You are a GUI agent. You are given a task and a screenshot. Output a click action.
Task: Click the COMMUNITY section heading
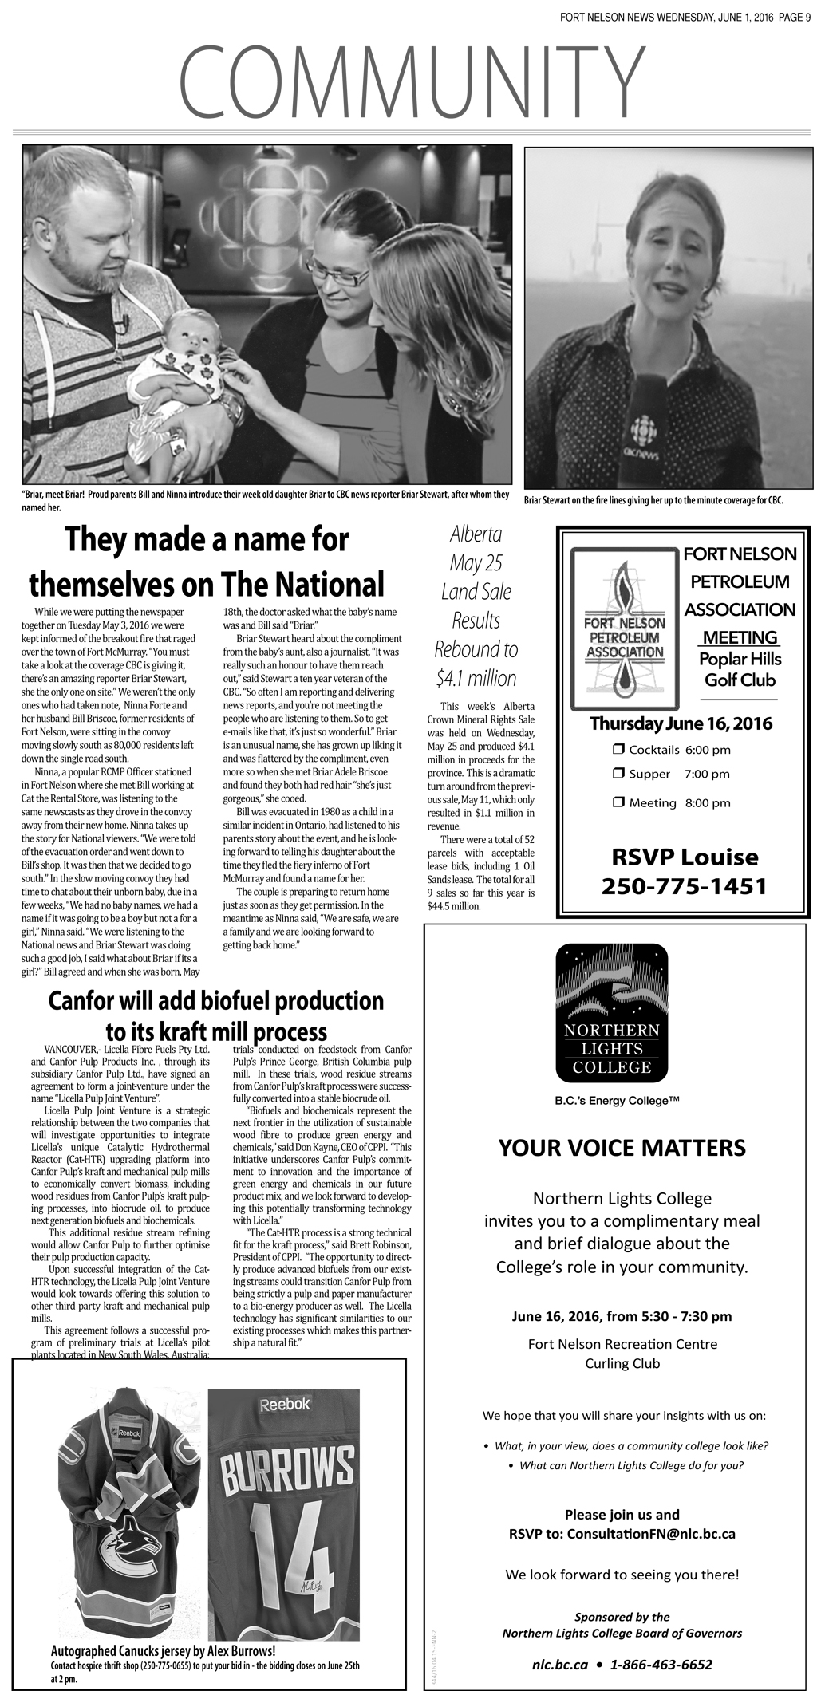[x=411, y=82]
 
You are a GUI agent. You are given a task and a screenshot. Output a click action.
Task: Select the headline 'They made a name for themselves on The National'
[x=207, y=562]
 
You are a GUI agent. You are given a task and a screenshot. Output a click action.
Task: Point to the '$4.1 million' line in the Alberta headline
[x=476, y=678]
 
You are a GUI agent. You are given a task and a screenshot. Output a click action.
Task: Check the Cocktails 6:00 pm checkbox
[x=618, y=749]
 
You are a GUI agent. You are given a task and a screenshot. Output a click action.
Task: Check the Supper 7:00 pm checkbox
[x=618, y=773]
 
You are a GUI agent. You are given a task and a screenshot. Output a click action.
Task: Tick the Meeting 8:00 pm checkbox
[x=618, y=802]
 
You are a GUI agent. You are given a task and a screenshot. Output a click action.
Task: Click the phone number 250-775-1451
[x=684, y=885]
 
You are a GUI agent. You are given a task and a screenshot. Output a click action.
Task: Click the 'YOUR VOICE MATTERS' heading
[x=622, y=1148]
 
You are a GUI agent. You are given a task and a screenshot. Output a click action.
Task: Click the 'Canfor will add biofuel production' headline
[x=216, y=1001]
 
